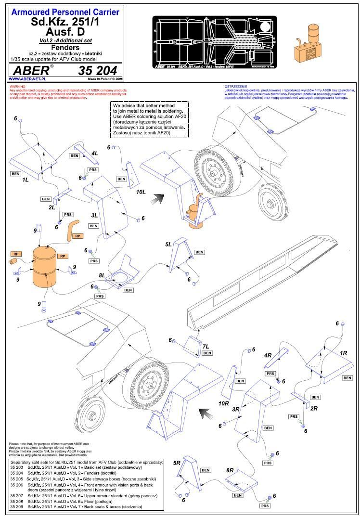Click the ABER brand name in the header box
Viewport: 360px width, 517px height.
(x=29, y=70)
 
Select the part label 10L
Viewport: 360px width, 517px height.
(x=141, y=192)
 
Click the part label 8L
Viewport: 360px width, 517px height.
(x=102, y=275)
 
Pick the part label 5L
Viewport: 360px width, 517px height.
(x=168, y=245)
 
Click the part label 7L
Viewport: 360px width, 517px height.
(x=206, y=347)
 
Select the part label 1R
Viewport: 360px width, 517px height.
(x=343, y=353)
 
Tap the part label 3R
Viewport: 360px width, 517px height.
(x=236, y=409)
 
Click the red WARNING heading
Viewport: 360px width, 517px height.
(x=17, y=87)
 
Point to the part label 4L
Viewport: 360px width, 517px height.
(x=95, y=153)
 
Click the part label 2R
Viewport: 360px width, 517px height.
(x=314, y=408)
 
